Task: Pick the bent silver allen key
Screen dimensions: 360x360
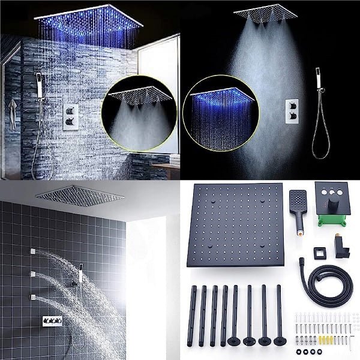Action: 350,341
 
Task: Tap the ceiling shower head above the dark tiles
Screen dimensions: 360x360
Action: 79,196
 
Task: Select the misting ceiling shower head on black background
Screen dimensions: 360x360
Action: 265,14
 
